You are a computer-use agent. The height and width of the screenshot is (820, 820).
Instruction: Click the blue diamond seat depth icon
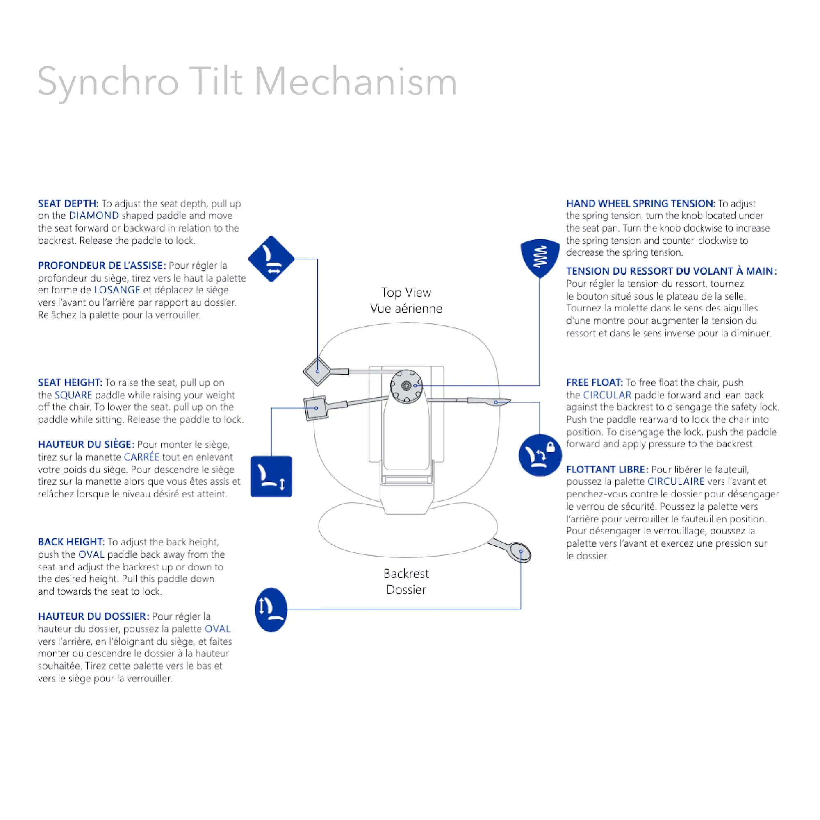pyautogui.click(x=271, y=259)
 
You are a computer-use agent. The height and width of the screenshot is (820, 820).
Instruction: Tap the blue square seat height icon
pyautogui.click(x=271, y=476)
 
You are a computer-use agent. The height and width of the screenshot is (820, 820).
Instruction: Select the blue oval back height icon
pyautogui.click(x=271, y=609)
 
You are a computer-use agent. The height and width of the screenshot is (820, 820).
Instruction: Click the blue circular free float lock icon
pyautogui.click(x=540, y=455)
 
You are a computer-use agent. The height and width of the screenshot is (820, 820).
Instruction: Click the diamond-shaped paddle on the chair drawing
pyautogui.click(x=318, y=371)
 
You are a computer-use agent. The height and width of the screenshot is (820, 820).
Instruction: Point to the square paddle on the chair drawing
pyautogui.click(x=316, y=408)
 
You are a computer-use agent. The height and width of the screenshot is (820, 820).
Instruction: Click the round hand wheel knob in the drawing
pyautogui.click(x=406, y=385)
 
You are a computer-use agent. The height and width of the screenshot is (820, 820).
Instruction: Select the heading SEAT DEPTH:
pyautogui.click(x=68, y=204)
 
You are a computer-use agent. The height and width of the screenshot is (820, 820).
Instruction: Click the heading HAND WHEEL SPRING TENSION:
pyautogui.click(x=640, y=204)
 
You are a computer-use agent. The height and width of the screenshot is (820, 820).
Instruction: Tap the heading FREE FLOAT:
pyautogui.click(x=594, y=382)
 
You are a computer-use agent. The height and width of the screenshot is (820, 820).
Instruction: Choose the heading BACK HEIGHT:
pyautogui.click(x=71, y=542)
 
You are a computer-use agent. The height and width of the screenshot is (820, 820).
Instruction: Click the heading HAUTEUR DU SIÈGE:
pyautogui.click(x=86, y=444)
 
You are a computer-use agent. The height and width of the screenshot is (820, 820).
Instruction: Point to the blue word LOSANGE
pyautogui.click(x=117, y=290)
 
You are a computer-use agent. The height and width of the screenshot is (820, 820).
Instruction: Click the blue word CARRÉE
pyautogui.click(x=141, y=457)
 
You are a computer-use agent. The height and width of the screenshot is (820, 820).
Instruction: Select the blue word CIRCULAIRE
pyautogui.click(x=676, y=481)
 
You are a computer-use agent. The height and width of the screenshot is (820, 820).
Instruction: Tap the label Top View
pyautogui.click(x=406, y=293)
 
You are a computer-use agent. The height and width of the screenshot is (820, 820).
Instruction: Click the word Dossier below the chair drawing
pyautogui.click(x=406, y=590)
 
